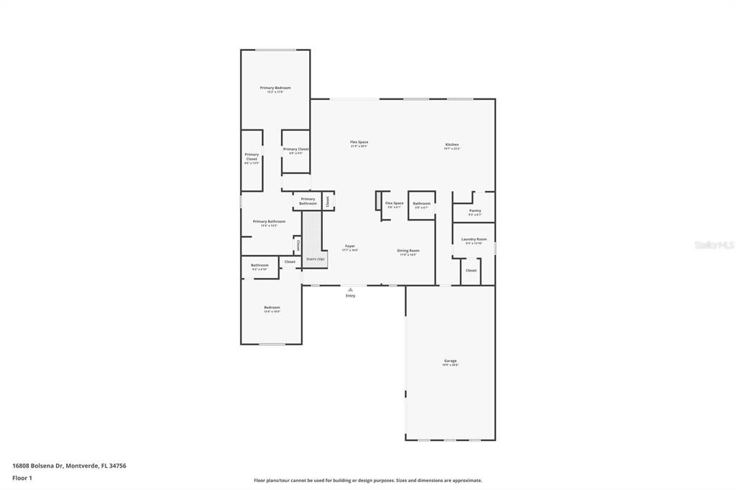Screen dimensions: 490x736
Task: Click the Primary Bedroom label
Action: tap(275, 88)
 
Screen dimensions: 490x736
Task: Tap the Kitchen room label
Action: tap(451, 144)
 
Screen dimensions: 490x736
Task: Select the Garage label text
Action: tap(450, 361)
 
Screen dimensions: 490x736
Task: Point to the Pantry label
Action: tap(474, 211)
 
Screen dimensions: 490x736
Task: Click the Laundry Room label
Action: tap(474, 239)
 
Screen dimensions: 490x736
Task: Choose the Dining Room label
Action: tap(408, 251)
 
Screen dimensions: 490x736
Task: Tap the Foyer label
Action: tap(350, 246)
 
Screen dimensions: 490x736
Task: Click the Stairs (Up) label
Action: tap(315, 259)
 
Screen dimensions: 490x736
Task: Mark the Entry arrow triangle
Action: tap(350, 290)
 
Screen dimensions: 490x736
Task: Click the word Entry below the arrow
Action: tap(350, 296)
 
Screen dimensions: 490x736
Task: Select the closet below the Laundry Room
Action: tap(471, 271)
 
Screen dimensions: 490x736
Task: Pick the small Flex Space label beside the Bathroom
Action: tap(394, 203)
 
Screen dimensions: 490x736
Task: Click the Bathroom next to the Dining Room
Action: tap(421, 203)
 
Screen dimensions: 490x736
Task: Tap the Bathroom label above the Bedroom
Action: tap(259, 265)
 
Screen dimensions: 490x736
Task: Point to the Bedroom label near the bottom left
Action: tap(272, 308)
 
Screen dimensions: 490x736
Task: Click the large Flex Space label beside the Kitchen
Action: tap(359, 142)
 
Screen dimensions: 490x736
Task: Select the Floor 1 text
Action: tap(22, 477)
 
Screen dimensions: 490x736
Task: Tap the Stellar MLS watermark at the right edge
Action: tap(714, 245)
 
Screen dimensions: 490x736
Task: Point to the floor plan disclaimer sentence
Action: tap(367, 481)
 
